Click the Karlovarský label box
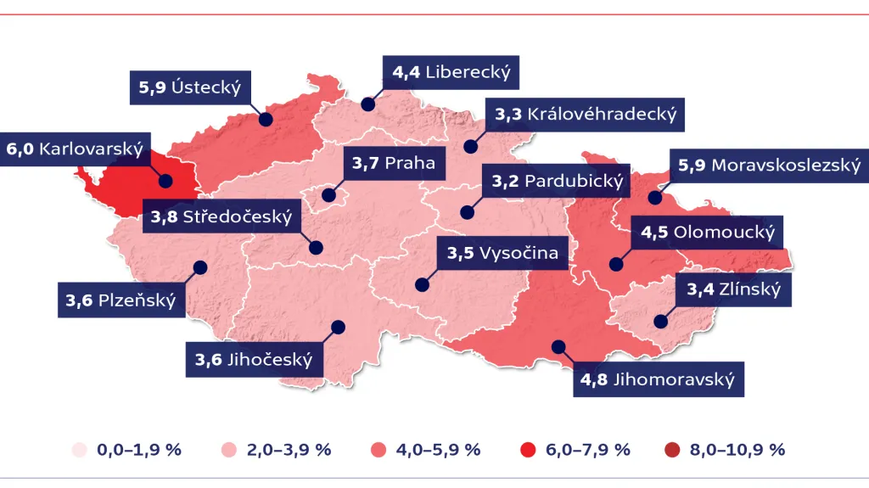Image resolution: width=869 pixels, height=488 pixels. tap(75, 149)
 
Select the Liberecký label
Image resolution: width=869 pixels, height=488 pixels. tap(451, 72)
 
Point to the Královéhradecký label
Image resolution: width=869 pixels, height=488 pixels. tap(585, 114)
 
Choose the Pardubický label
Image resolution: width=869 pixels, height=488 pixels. tap(558, 182)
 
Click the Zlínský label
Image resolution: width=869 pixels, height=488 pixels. tap(733, 290)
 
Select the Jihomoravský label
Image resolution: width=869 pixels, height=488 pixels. tap(657, 379)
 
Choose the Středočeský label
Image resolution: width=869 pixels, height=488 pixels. tap(221, 217)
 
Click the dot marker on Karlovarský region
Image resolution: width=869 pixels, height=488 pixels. tap(166, 181)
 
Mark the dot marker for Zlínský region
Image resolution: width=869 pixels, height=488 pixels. tap(660, 321)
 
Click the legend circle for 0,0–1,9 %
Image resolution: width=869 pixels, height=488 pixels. tap(80, 450)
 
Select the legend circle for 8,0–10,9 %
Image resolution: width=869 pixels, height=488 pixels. tap(676, 450)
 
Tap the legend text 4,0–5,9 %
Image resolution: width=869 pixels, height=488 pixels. tap(439, 450)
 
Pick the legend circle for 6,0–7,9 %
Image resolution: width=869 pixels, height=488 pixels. tap(526, 450)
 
